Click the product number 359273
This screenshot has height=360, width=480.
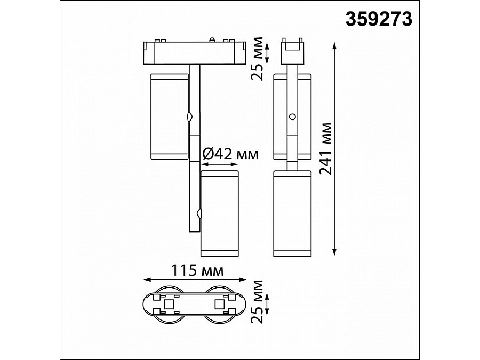click(379, 20)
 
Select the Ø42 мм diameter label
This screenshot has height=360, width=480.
click(230, 155)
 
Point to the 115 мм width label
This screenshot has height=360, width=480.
click(197, 270)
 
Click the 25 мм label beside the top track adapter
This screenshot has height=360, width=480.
click(257, 59)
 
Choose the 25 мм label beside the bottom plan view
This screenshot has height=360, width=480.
click(257, 301)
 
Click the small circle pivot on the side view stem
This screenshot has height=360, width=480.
click(292, 116)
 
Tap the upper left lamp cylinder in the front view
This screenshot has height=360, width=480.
click(169, 116)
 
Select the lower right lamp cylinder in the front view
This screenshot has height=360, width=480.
click(219, 213)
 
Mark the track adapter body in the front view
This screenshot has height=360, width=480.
click(195, 53)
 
